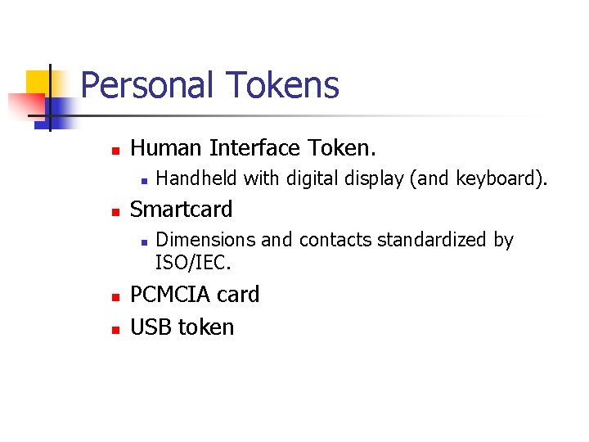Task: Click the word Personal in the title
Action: pos(148,85)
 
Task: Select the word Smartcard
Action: pos(182,210)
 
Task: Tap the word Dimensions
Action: pos(205,240)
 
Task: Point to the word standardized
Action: pos(434,240)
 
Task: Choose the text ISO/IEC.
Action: pos(193,263)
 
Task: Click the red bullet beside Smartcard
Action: pos(115,211)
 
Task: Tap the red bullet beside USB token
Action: pos(115,329)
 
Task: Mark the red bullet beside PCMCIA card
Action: pos(115,296)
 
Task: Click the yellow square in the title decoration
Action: pos(38,82)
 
